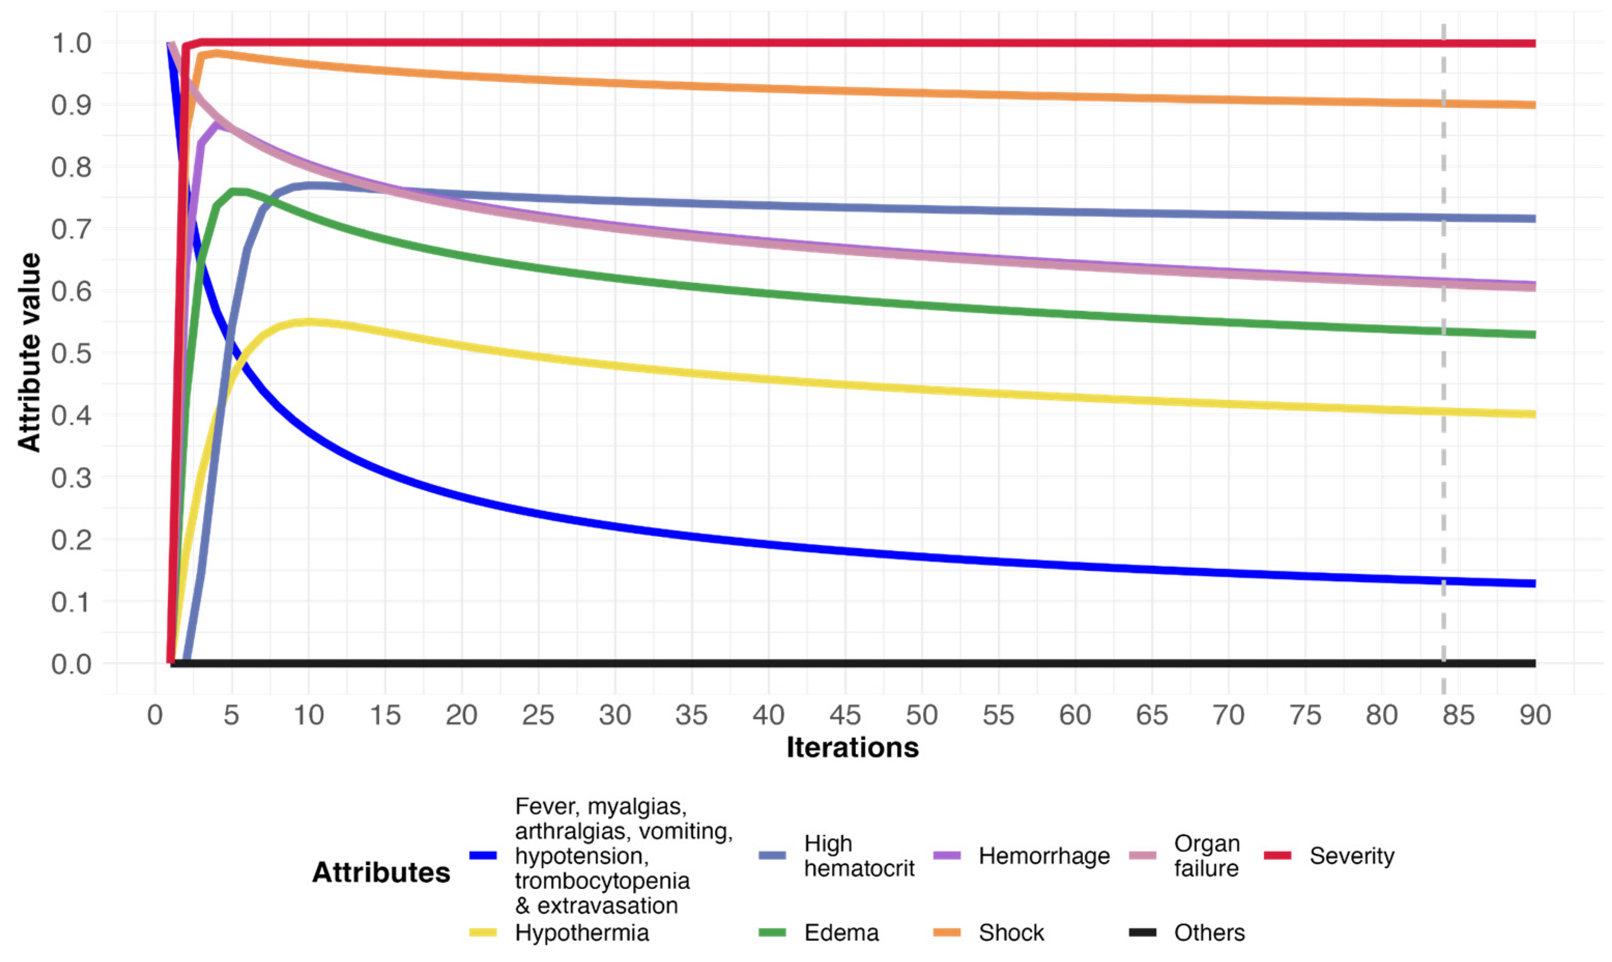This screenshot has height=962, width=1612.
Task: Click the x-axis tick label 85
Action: click(x=1458, y=716)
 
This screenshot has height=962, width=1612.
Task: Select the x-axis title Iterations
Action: click(x=852, y=748)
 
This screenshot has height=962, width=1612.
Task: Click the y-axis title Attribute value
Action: click(x=28, y=353)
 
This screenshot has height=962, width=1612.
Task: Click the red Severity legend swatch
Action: click(x=1277, y=856)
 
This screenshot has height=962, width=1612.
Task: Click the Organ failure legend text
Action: click(x=1206, y=856)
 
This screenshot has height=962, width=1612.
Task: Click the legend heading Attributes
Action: click(x=381, y=872)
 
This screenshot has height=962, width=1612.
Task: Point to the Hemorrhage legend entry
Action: click(x=1043, y=856)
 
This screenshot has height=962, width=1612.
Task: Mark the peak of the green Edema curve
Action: click(x=239, y=191)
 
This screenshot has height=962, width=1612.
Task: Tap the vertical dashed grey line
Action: click(x=1444, y=454)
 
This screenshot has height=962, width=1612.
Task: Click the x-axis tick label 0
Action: click(x=155, y=716)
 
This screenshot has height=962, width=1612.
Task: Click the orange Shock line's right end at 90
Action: click(x=1533, y=105)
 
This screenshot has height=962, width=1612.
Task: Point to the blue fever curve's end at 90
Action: click(x=1533, y=584)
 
